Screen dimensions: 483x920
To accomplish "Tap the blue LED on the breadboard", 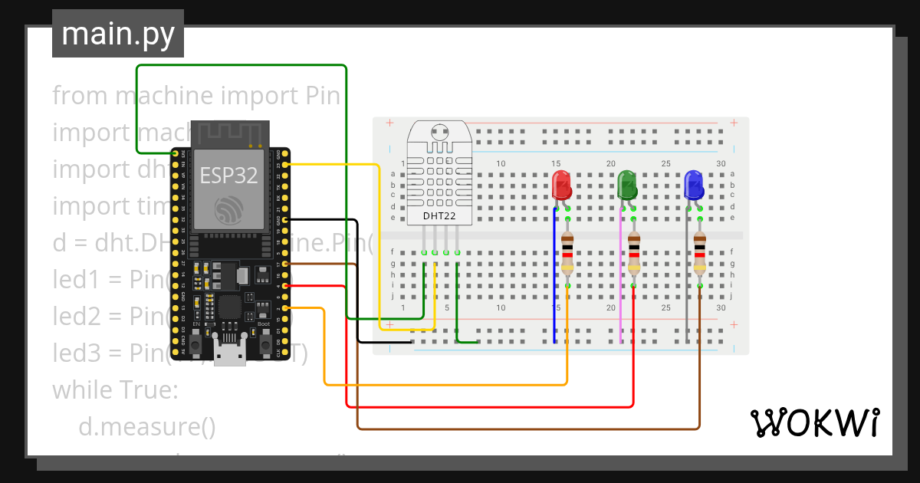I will (x=694, y=186).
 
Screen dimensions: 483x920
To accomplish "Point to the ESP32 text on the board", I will (x=228, y=176).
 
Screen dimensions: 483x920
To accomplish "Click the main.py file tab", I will (x=118, y=34).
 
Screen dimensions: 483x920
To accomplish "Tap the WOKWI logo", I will (x=813, y=422).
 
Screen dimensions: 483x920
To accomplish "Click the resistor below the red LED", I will (x=567, y=253).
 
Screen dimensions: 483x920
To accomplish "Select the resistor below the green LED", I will (x=633, y=253).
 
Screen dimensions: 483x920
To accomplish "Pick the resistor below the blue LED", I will (x=699, y=253).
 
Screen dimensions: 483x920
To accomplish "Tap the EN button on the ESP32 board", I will (x=196, y=344).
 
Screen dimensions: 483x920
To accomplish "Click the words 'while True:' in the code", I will (x=115, y=390).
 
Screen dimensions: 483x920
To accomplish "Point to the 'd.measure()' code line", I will (x=147, y=426).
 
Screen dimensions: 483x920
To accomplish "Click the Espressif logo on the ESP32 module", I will (x=228, y=209).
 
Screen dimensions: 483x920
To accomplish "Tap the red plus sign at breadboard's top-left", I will (x=390, y=123).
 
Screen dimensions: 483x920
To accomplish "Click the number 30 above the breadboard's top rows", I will (x=721, y=163).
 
